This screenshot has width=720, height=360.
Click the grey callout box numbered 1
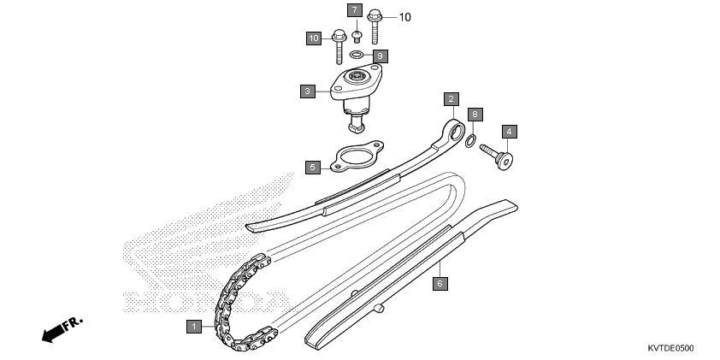tap(194, 327)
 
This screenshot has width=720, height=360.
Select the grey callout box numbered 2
tap(451, 99)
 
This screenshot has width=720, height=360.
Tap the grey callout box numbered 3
tap(308, 91)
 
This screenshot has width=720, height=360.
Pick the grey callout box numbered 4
tap(510, 132)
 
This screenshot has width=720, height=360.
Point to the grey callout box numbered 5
tap(313, 167)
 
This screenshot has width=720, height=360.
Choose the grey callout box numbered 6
tap(440, 283)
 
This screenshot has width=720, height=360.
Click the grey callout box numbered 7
tap(355, 10)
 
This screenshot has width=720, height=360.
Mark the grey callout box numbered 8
tap(475, 114)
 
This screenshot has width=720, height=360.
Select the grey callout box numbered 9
tap(381, 56)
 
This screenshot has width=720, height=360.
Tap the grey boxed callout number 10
tap(314, 38)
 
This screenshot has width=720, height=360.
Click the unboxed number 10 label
tap(404, 17)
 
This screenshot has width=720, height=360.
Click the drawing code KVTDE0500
tap(671, 349)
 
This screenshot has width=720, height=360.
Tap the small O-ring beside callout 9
tap(357, 55)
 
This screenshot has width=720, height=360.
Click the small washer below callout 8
tap(470, 141)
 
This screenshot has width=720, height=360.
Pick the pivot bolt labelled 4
tap(497, 156)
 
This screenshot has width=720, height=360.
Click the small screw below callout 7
tap(357, 37)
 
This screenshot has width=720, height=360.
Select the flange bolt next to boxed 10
tap(339, 47)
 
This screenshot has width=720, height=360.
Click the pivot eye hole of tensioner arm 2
tap(457, 133)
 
